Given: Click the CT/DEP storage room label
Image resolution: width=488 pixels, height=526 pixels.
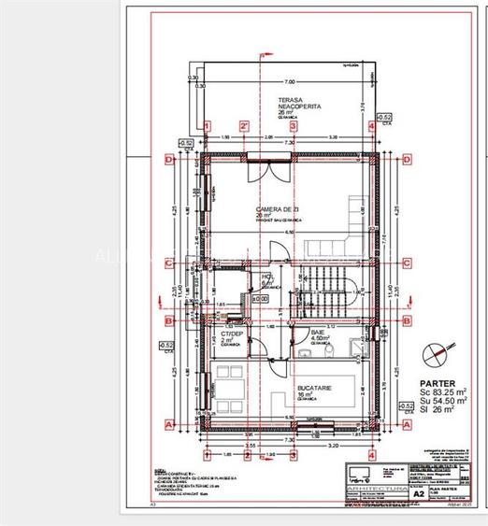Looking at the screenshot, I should [231, 334].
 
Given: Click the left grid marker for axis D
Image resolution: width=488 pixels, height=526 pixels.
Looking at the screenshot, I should [169, 160].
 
